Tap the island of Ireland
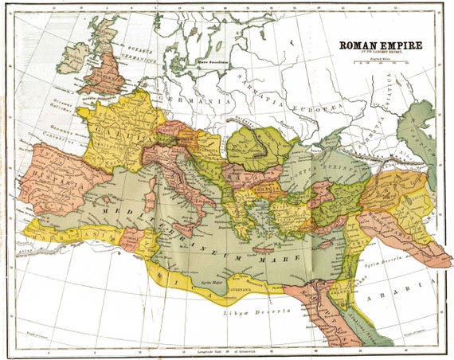73,57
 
